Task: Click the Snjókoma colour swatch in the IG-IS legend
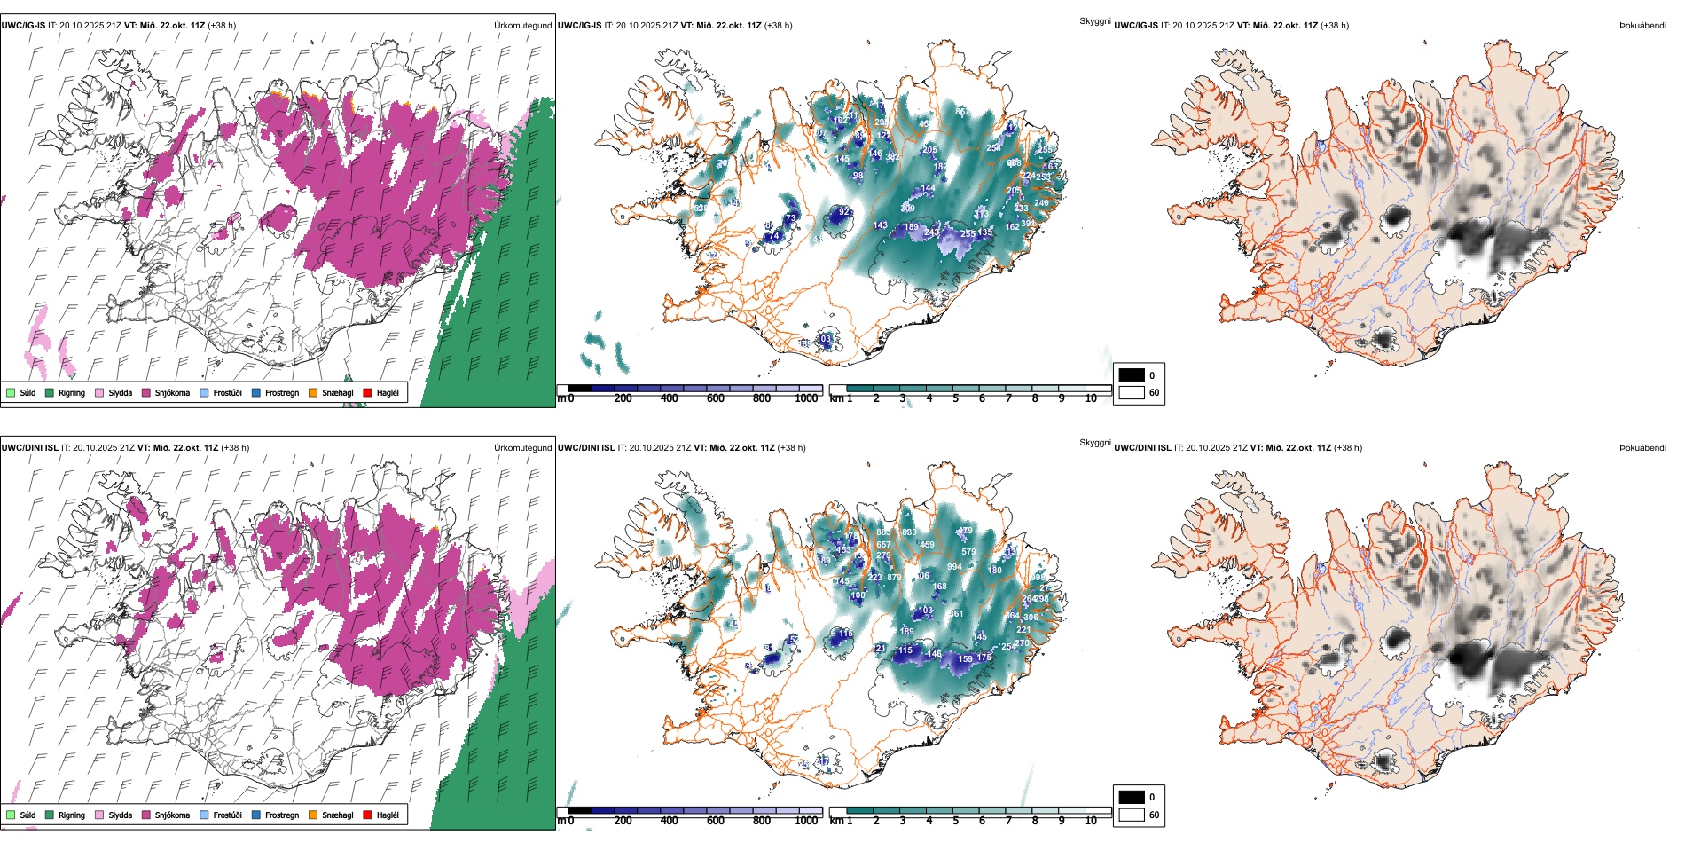pyautogui.click(x=146, y=392)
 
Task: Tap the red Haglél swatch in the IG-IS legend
pyautogui.click(x=368, y=392)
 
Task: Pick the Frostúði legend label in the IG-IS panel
pyautogui.click(x=227, y=392)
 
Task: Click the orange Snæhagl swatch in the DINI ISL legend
pyautogui.click(x=313, y=815)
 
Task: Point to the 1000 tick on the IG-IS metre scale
pyautogui.click(x=806, y=398)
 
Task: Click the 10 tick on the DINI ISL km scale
pyautogui.click(x=1091, y=821)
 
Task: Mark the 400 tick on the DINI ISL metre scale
pyautogui.click(x=670, y=821)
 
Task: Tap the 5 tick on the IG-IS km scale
pyautogui.click(x=955, y=398)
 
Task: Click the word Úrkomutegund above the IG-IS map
pyautogui.click(x=522, y=26)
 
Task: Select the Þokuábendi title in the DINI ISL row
pyautogui.click(x=1642, y=448)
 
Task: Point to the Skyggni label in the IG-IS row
pyautogui.click(x=1094, y=21)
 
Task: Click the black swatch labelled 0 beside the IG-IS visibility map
pyautogui.click(x=1132, y=375)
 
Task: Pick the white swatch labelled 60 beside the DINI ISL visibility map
pyautogui.click(x=1132, y=815)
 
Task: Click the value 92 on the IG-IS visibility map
pyautogui.click(x=844, y=212)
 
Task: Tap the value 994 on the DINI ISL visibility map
pyautogui.click(x=954, y=567)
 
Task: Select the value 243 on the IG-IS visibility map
pyautogui.click(x=931, y=232)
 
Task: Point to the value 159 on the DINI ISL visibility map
pyautogui.click(x=965, y=659)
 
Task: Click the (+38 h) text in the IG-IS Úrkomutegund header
pyautogui.click(x=222, y=26)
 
